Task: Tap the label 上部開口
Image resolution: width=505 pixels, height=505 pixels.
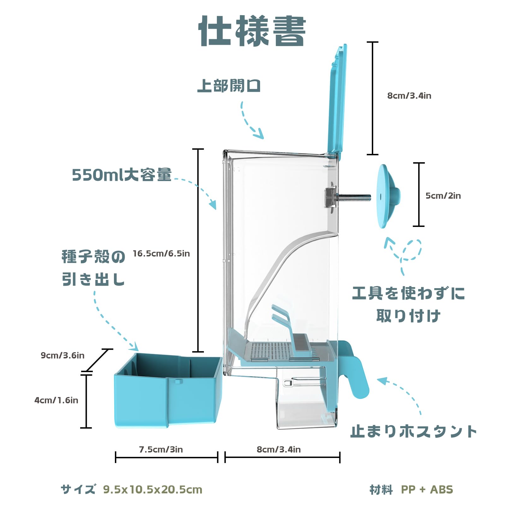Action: tap(229, 86)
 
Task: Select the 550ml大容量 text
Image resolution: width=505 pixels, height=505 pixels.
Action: tap(122, 175)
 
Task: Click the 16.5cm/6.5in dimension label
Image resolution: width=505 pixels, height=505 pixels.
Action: tap(161, 253)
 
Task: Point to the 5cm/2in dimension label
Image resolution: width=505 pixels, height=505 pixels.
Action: tap(443, 196)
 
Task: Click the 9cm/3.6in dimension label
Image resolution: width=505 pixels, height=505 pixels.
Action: tap(62, 355)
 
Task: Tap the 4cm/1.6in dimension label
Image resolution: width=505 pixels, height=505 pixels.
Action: tap(56, 400)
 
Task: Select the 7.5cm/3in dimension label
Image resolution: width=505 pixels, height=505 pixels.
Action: tap(161, 449)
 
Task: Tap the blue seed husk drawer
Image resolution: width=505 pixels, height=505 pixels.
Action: tap(167, 391)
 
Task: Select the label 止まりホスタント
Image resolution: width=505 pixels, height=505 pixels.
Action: tap(413, 431)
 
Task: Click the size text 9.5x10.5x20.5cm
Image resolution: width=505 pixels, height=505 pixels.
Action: tap(152, 490)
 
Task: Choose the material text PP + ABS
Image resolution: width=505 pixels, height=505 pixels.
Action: tap(427, 490)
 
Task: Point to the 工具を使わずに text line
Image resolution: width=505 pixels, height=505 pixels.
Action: tap(408, 293)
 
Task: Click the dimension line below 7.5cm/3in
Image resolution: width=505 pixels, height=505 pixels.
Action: tap(167, 457)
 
